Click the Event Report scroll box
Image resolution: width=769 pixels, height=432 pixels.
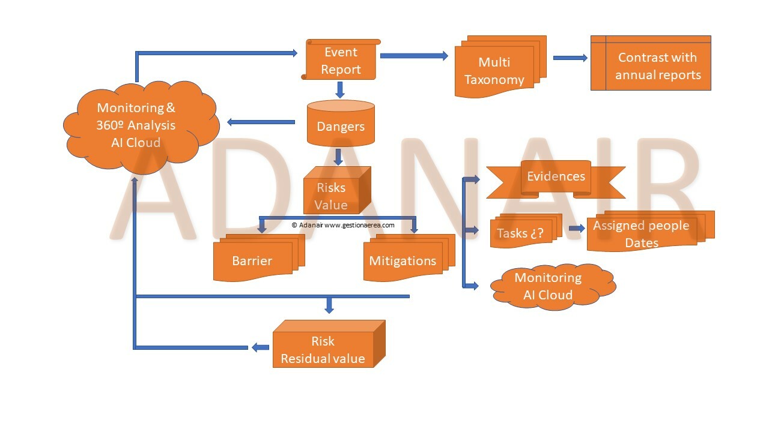tap(341, 60)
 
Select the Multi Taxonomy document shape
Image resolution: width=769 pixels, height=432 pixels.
tap(494, 71)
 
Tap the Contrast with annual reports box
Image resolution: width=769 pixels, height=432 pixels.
tap(657, 66)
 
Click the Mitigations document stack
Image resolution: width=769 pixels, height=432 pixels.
tap(403, 260)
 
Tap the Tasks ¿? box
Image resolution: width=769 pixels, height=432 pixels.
tap(520, 232)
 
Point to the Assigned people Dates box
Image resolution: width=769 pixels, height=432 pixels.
tap(641, 233)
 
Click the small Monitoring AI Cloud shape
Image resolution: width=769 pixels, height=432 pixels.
tap(548, 286)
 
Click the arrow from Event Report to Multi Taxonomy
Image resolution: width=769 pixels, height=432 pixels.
tap(414, 56)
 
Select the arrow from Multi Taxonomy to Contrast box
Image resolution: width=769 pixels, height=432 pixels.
tap(570, 58)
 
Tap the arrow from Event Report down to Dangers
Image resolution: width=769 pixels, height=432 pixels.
tap(340, 89)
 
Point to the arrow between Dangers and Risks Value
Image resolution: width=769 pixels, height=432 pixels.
tap(338, 157)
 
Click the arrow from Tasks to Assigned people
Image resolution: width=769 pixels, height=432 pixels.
tap(577, 229)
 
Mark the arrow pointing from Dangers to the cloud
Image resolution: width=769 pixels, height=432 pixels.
tap(261, 122)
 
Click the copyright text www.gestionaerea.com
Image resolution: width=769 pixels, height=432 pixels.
tap(343, 225)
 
